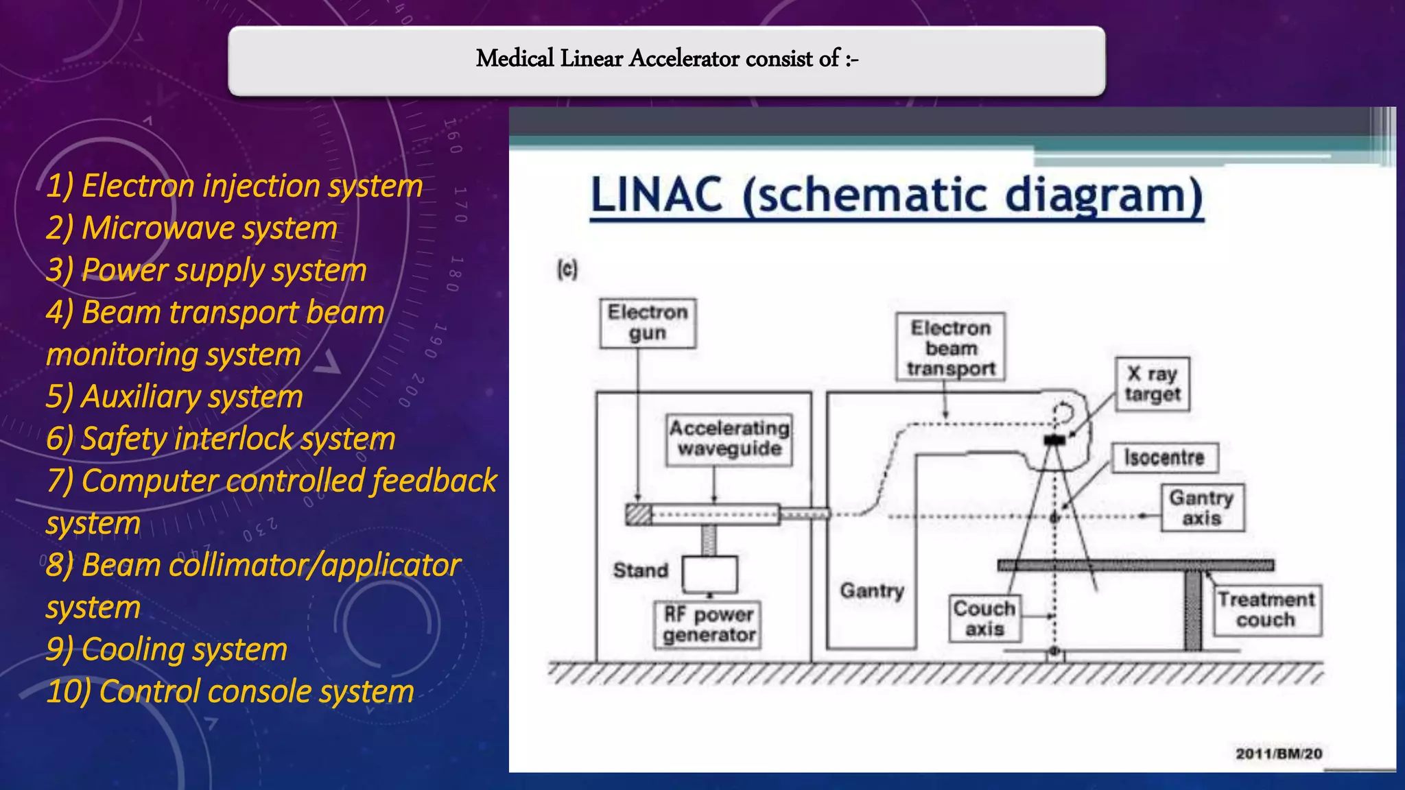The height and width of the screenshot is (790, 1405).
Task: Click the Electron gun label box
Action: (648, 323)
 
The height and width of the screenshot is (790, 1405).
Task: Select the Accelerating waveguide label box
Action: (729, 439)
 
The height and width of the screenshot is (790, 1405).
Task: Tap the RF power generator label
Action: (709, 625)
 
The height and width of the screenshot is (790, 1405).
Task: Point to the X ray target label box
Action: (1152, 384)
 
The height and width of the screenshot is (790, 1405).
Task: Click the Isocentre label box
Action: (1164, 457)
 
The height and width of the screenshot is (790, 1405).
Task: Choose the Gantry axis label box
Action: (1202, 507)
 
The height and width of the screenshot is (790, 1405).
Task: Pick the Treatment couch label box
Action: (1266, 610)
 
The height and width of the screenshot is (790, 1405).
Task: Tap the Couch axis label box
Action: (984, 619)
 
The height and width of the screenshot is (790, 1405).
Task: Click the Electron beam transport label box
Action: (950, 348)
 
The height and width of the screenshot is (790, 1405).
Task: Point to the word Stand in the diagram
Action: (640, 571)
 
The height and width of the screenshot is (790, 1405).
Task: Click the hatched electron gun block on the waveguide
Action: (639, 514)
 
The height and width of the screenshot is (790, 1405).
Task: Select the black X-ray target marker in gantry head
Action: (1054, 440)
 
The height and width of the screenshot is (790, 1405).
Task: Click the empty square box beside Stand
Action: (709, 574)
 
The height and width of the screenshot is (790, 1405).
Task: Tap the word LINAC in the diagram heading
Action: (657, 195)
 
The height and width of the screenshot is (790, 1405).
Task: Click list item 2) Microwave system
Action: (192, 228)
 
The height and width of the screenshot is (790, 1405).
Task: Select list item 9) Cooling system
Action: (167, 649)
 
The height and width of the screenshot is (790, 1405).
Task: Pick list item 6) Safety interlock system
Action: (221, 439)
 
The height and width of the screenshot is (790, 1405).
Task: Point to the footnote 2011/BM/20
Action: (1278, 754)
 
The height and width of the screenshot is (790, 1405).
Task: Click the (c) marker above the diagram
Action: (567, 270)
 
